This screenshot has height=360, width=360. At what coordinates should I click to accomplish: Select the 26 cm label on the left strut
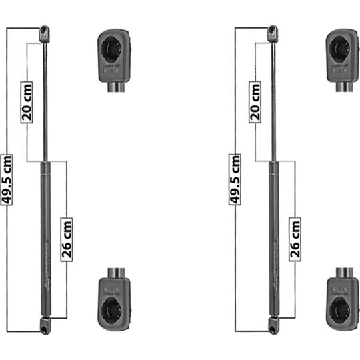(67, 239)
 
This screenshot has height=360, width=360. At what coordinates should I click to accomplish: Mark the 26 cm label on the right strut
(295, 239)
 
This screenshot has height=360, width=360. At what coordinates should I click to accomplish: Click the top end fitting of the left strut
(45, 32)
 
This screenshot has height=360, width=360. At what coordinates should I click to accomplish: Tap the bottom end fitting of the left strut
(45, 325)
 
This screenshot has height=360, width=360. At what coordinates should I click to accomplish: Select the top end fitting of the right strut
(273, 32)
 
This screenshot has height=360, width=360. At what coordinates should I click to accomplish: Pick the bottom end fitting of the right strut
(273, 325)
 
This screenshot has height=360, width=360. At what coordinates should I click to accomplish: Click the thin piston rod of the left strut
(45, 100)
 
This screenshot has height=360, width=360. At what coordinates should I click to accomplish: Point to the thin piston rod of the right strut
(273, 100)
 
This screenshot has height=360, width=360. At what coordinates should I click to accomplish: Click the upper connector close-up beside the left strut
(114, 57)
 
